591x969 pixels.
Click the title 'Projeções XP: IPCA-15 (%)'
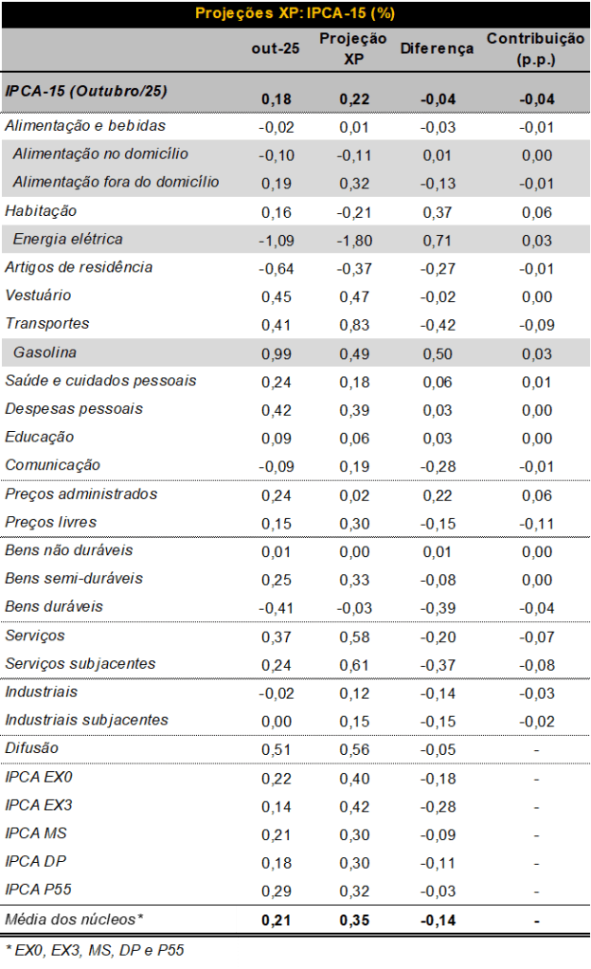point(295,13)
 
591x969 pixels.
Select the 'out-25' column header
point(276,48)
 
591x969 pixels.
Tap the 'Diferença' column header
point(437,48)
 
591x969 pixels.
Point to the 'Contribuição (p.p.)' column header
point(535,48)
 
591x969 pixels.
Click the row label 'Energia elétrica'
point(68,239)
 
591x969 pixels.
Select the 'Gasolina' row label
point(45,352)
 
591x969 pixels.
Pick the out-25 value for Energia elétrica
point(277,240)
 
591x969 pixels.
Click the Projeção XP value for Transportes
point(356,325)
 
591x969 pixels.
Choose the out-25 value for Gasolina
point(277,353)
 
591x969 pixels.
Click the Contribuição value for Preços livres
point(536,523)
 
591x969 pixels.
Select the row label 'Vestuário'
point(39,296)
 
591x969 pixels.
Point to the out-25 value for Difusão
point(277,749)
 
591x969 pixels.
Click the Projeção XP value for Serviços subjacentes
point(356,664)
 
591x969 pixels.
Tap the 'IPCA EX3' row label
point(38,805)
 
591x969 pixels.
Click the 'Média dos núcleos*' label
point(74,919)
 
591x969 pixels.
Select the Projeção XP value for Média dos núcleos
point(356,920)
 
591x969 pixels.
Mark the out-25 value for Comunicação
point(277,466)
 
